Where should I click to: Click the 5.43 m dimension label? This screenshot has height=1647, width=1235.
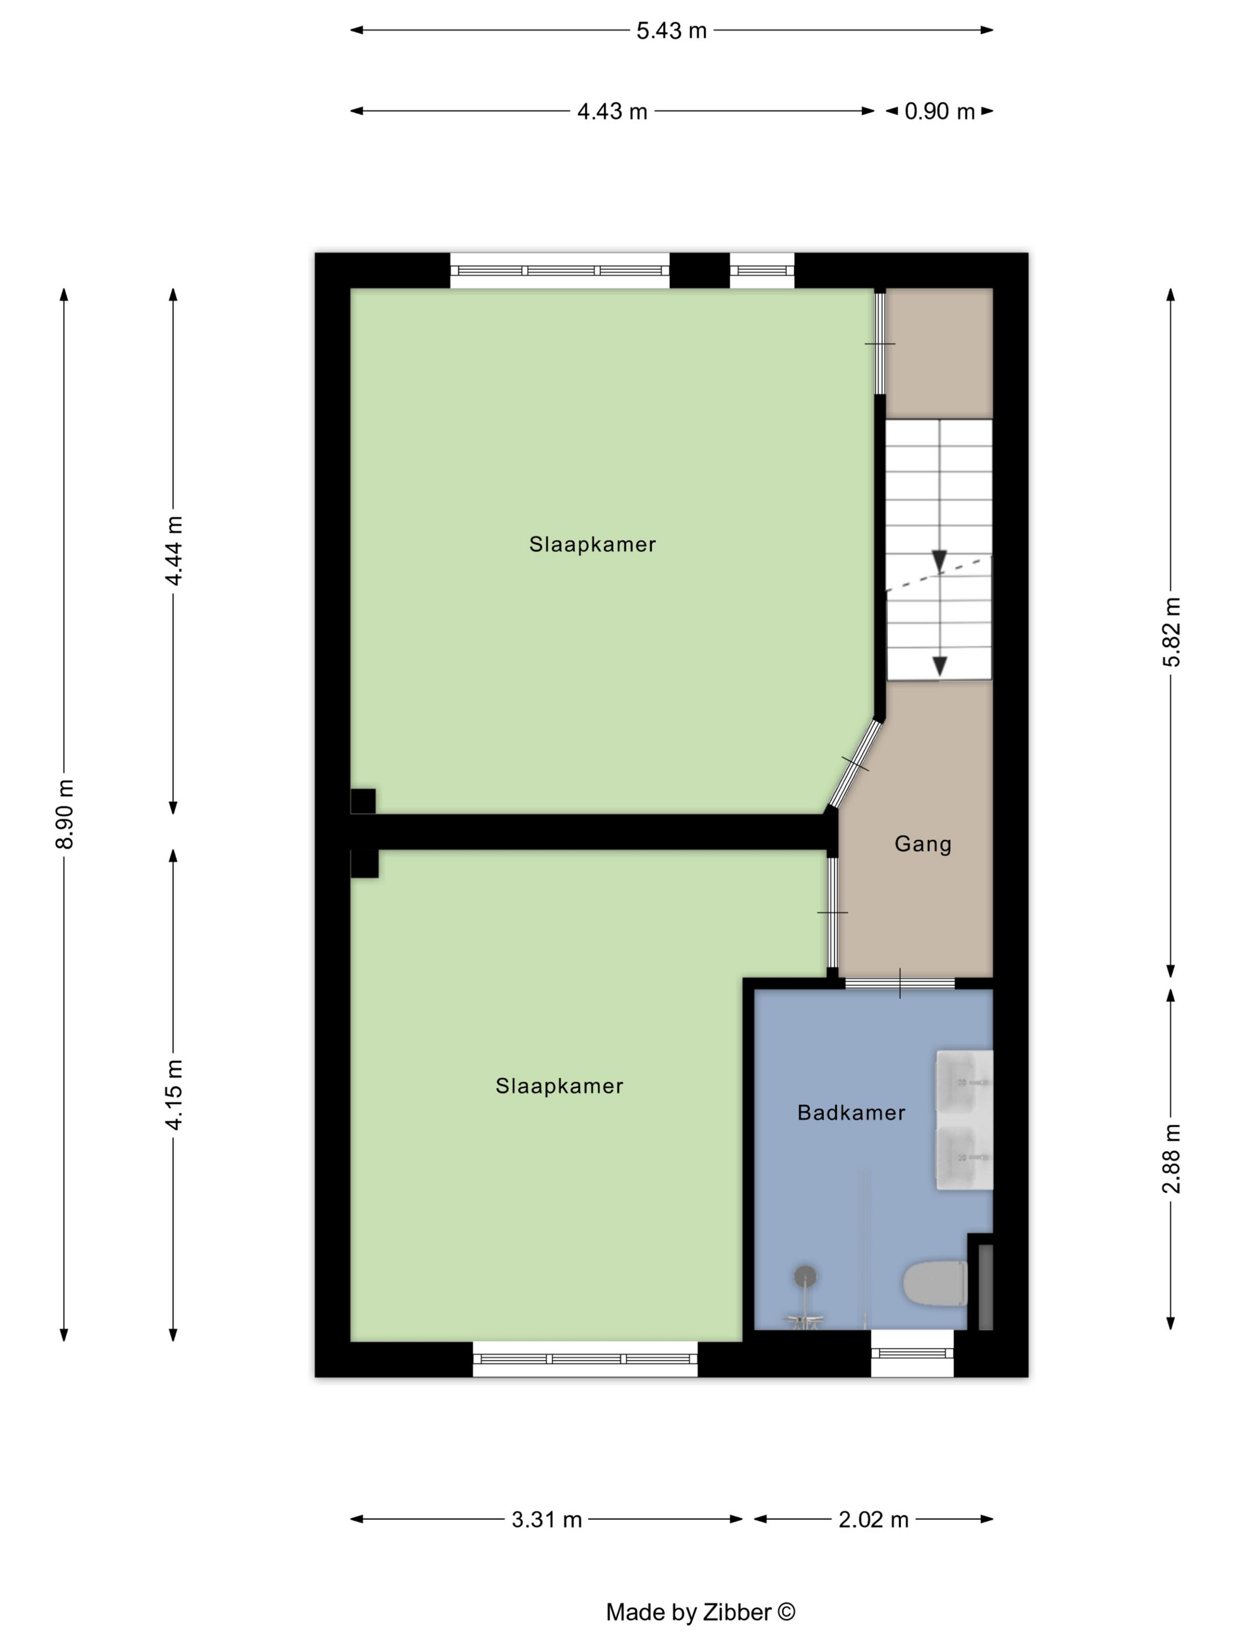click(671, 31)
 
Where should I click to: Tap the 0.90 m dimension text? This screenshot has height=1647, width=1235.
click(939, 112)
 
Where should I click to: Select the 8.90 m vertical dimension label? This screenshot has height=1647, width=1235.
click(65, 814)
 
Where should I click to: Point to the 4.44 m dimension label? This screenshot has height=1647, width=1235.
click(173, 551)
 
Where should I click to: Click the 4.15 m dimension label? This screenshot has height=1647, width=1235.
click(173, 1095)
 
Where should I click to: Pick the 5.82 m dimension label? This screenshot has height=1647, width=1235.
click(1171, 632)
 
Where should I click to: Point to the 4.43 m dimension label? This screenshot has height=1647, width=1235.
click(612, 112)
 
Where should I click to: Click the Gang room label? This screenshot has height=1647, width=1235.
click(922, 844)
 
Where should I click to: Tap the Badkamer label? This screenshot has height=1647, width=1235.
click(851, 1112)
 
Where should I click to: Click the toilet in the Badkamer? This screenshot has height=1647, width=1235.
click(934, 1283)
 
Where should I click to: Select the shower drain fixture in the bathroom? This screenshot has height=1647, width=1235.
click(805, 1277)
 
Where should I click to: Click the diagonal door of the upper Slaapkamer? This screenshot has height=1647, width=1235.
click(855, 763)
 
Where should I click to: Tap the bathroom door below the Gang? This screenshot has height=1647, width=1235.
click(899, 983)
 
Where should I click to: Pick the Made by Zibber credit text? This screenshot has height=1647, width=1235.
click(700, 1612)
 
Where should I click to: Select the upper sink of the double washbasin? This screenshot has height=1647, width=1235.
click(963, 1084)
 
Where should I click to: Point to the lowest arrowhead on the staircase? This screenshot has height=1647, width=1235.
click(939, 666)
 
